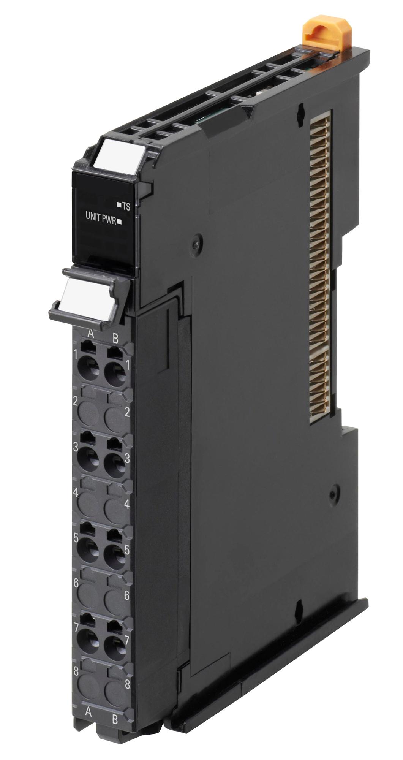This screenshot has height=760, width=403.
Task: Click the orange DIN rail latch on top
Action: coord(317,36)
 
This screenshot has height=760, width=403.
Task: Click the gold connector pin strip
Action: coord(321,266)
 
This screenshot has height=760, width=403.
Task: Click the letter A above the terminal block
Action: coord(90,334)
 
